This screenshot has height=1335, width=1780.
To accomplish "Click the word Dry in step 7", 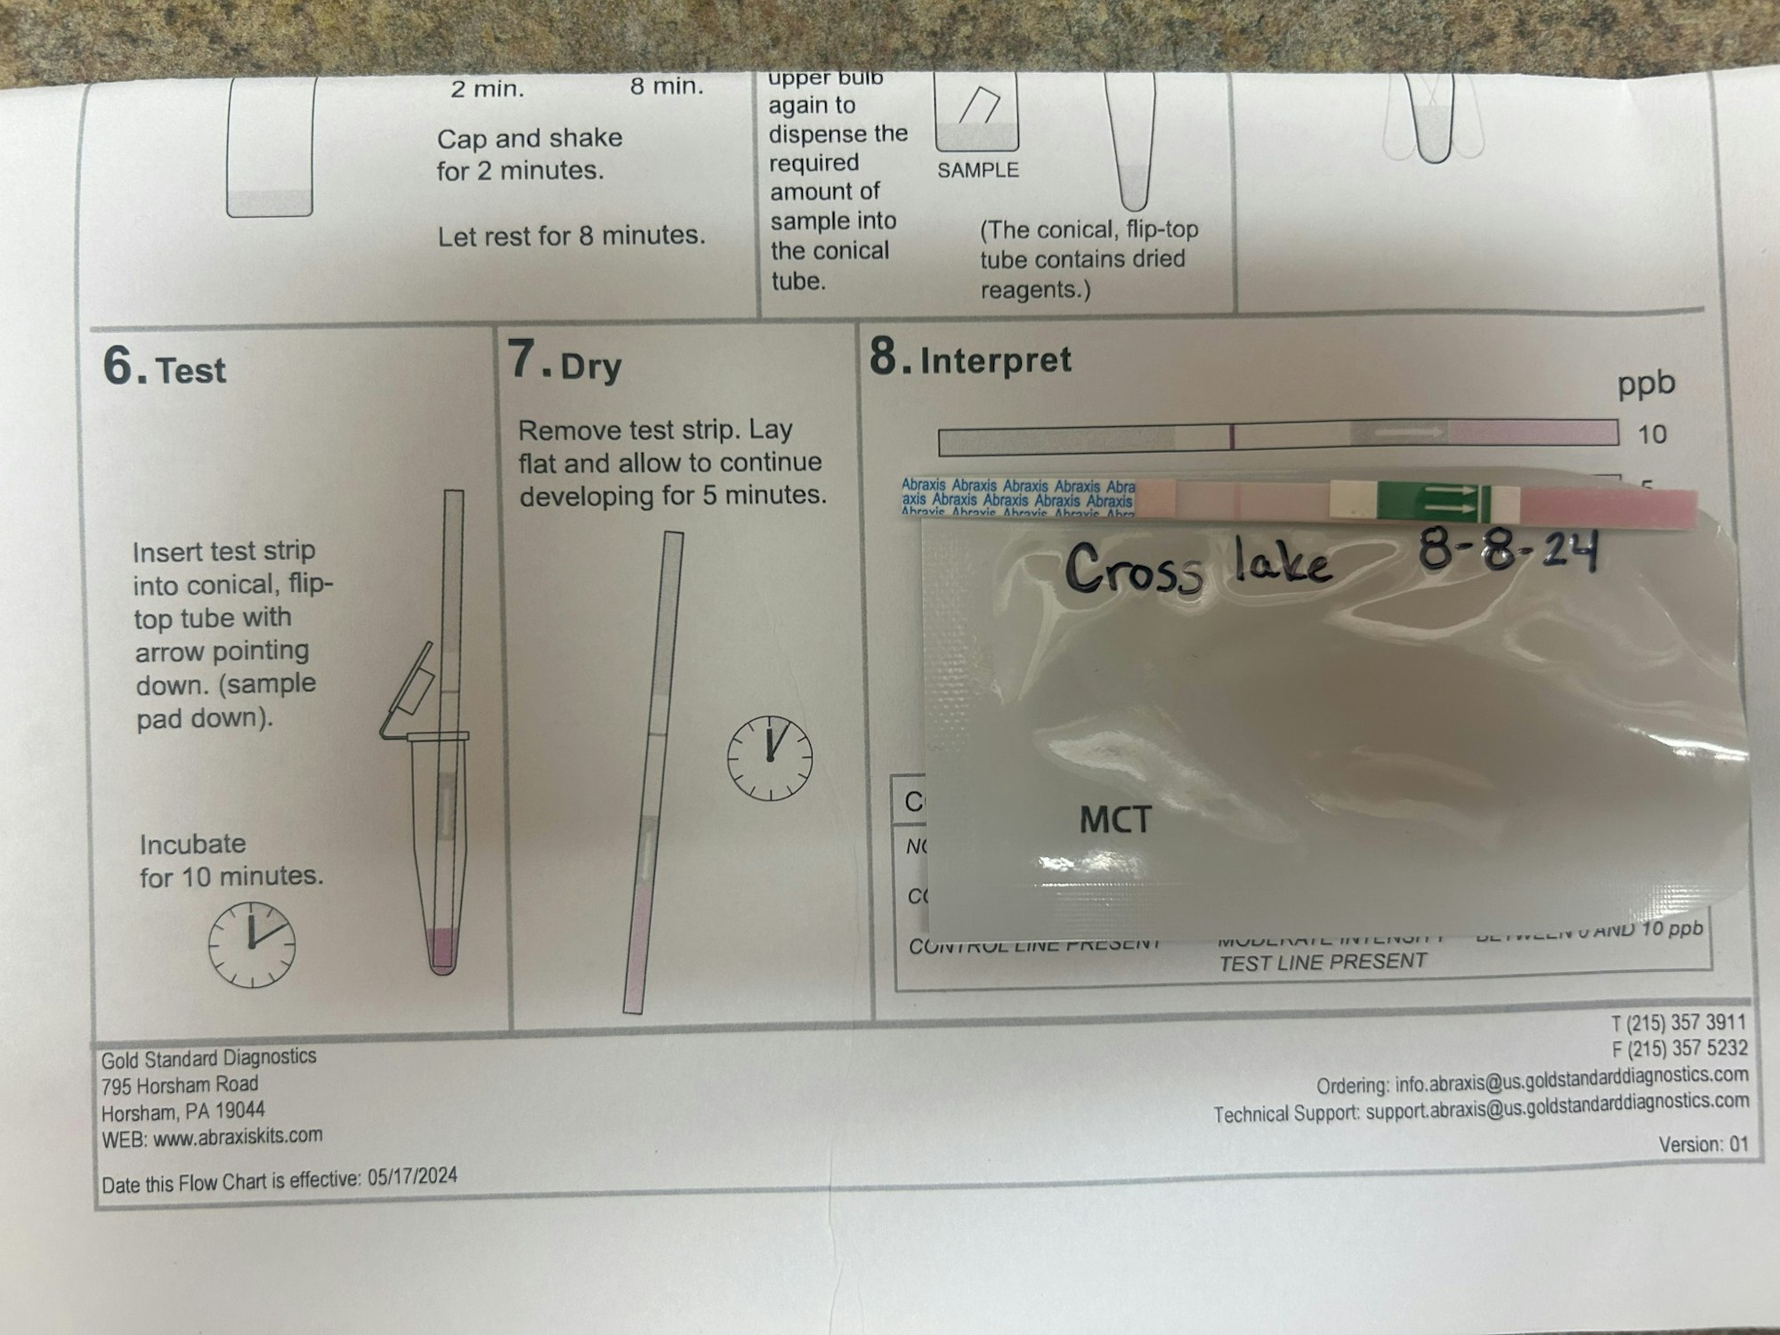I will [591, 367].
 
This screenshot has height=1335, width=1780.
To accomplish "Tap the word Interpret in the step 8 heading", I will [995, 360].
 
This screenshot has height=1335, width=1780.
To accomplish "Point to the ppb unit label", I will [1646, 384].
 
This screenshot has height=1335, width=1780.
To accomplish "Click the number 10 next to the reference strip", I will [1652, 434].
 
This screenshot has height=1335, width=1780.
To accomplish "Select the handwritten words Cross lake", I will [1197, 567].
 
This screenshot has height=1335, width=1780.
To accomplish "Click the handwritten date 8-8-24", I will [1508, 551].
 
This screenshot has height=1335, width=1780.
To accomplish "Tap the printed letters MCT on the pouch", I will [1115, 820].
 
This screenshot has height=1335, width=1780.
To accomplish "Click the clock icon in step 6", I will [252, 944].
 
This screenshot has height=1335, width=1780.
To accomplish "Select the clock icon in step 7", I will [770, 757].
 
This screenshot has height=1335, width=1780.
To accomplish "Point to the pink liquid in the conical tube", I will [442, 948].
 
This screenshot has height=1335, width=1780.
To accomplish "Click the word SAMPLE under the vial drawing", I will [977, 170].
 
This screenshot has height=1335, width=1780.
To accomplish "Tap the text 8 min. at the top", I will [667, 87].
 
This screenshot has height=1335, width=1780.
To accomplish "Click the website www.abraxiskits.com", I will [238, 1137].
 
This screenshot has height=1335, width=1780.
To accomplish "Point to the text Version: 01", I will [1703, 1145].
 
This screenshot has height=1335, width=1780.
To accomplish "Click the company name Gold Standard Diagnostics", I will [208, 1058].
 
